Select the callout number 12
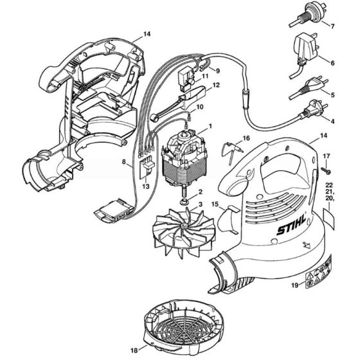[217, 85]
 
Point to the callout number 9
[217, 70]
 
